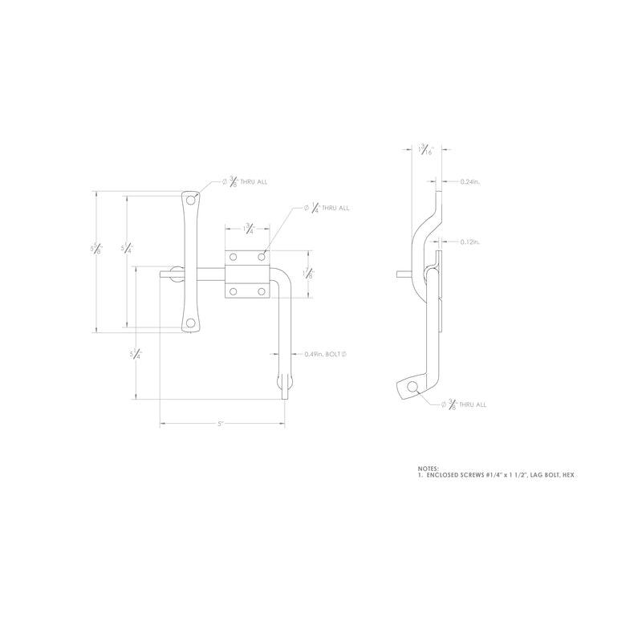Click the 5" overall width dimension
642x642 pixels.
click(x=219, y=423)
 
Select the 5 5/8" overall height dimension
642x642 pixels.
click(x=97, y=250)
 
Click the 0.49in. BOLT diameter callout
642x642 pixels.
click(x=327, y=354)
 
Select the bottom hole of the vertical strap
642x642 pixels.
click(x=190, y=323)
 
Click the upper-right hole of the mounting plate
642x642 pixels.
click(x=262, y=258)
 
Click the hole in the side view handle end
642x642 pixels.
click(x=412, y=388)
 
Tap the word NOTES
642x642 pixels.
click(x=429, y=468)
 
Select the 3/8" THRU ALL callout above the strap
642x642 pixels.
click(x=245, y=182)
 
